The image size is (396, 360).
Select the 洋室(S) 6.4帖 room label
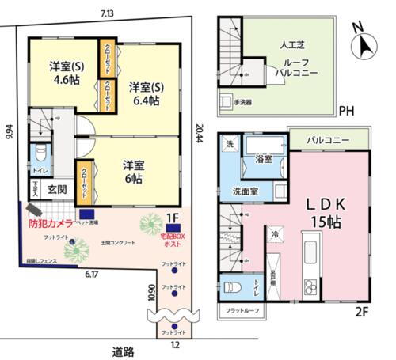tap(145, 93)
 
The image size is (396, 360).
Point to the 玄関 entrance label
tap(56, 190)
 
